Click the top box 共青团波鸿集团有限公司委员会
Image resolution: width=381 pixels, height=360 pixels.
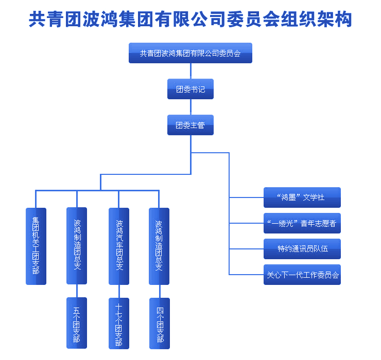(190, 53)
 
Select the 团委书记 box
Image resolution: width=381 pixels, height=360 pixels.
(190, 89)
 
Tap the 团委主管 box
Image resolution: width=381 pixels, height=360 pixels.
(190, 125)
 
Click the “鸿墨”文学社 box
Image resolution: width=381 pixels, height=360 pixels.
(302, 197)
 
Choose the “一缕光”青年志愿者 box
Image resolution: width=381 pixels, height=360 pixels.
(302, 223)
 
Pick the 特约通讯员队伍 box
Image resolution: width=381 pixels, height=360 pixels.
(302, 249)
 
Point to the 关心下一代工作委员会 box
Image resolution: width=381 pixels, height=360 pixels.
(302, 275)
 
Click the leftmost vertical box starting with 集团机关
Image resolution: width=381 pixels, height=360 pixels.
(36, 246)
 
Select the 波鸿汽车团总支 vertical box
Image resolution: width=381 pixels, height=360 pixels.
(119, 246)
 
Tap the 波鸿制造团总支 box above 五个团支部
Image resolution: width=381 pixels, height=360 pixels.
(77, 246)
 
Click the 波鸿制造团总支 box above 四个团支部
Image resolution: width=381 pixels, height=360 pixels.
(159, 246)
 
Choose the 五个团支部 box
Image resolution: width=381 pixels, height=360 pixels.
(77, 323)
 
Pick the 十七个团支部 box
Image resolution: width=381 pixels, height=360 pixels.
(119, 323)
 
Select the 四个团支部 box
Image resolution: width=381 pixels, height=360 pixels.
(160, 323)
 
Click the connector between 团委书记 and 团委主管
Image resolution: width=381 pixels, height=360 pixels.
(190, 107)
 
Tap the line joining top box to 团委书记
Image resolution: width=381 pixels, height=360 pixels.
(190, 71)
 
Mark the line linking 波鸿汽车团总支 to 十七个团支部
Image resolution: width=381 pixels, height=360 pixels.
(119, 291)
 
